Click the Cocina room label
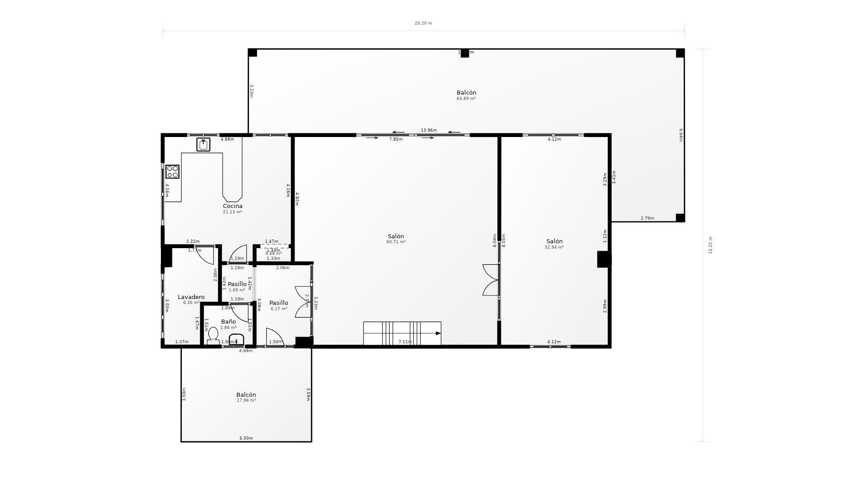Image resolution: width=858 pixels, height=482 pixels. (x=232, y=206)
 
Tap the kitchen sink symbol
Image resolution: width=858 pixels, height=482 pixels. (x=203, y=145)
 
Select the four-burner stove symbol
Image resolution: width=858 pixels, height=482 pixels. (x=172, y=172)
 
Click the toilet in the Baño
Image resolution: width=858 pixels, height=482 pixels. (x=213, y=335)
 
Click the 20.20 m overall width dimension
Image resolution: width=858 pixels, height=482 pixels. (x=423, y=23)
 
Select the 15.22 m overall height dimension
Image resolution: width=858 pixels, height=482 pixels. (x=711, y=245)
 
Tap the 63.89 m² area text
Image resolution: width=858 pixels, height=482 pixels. (x=466, y=99)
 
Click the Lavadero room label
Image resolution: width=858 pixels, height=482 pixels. (x=191, y=297)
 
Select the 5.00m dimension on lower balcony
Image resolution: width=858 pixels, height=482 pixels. (x=246, y=438)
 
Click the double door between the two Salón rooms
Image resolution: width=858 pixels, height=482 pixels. (x=491, y=280)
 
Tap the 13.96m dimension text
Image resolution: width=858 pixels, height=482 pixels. (x=429, y=130)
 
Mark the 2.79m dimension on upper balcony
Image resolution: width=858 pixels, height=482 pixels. (x=647, y=218)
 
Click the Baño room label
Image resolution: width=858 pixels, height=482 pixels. (x=228, y=322)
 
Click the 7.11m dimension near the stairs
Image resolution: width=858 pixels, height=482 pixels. (x=405, y=342)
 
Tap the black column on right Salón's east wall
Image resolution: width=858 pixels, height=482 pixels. (x=604, y=259)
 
